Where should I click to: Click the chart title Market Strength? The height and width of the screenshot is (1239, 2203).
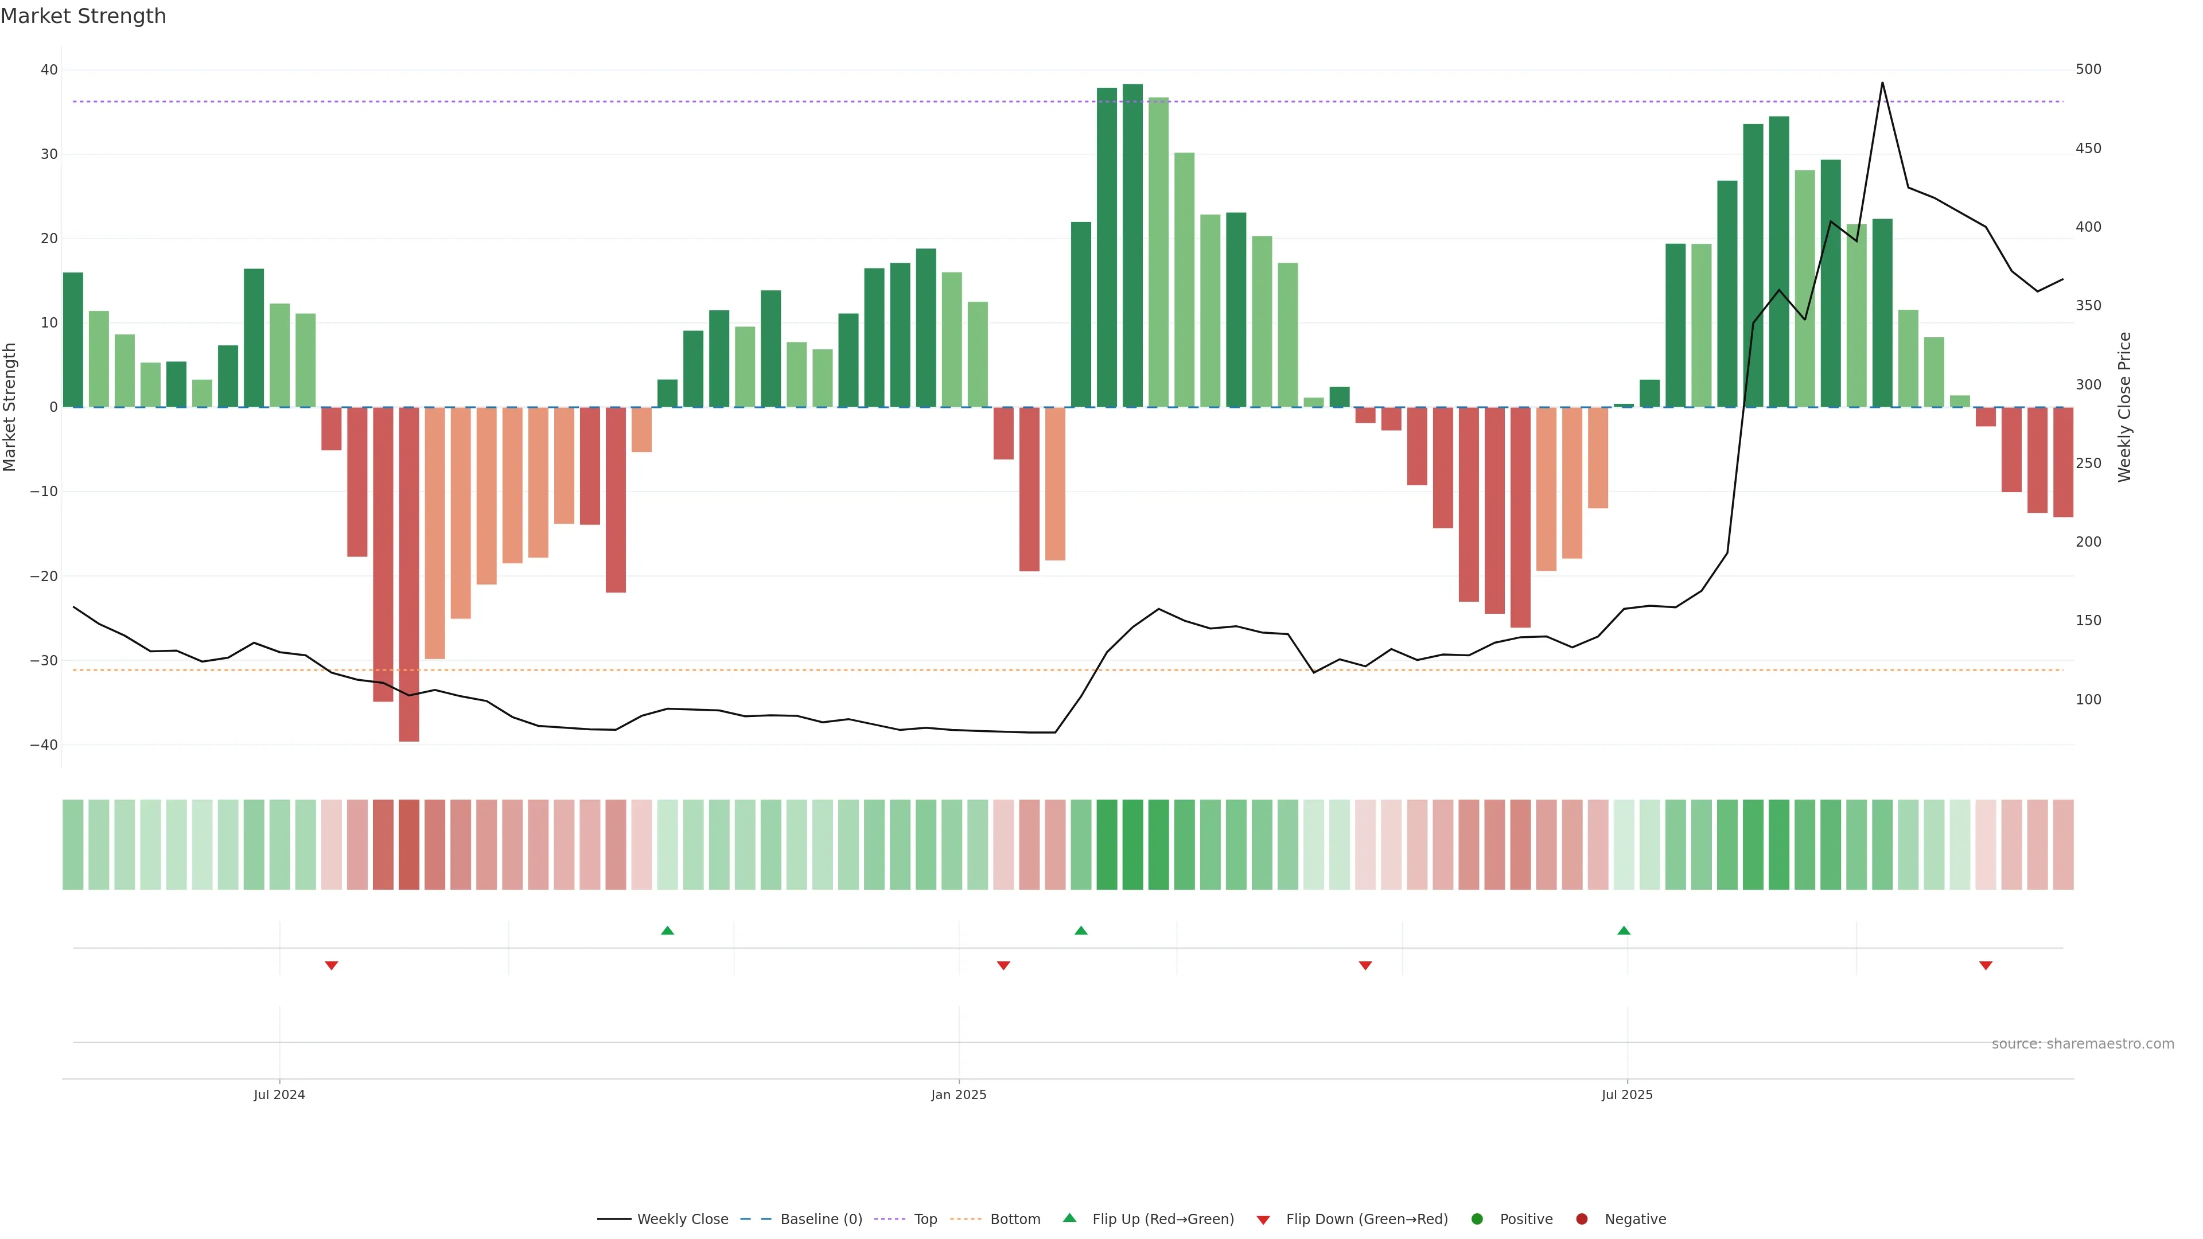(x=83, y=16)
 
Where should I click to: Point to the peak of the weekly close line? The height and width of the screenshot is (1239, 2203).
(x=1882, y=83)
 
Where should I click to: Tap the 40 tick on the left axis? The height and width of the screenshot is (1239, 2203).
(x=49, y=70)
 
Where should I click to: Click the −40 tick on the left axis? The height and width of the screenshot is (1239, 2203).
(x=44, y=745)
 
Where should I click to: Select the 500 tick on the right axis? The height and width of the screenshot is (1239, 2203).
(x=2088, y=69)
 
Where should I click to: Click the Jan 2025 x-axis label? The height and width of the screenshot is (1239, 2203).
(x=959, y=1094)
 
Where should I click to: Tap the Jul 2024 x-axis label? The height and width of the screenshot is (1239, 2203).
(x=279, y=1094)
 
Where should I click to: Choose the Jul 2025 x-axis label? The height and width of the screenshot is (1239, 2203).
(x=1626, y=1094)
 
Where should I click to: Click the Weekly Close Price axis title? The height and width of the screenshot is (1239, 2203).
(x=2124, y=407)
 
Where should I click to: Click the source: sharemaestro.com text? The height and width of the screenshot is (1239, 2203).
(x=2083, y=1044)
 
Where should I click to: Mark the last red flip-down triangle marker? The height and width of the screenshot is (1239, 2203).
(x=1986, y=965)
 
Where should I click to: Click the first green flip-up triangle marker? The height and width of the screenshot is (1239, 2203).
(x=667, y=930)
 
